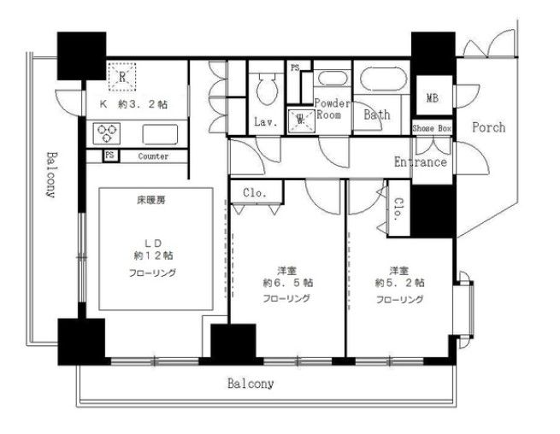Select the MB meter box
[x=433, y=98]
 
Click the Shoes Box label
[x=431, y=128]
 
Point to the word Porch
[x=488, y=127]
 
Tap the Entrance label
[x=420, y=161]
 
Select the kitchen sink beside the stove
[x=160, y=132]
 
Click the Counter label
[x=152, y=156]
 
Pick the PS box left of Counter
[x=109, y=156]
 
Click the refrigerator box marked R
[x=122, y=76]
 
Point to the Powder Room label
[x=332, y=108]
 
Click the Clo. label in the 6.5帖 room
[x=255, y=192]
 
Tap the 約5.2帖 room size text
[x=400, y=282]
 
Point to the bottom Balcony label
[x=251, y=384]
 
